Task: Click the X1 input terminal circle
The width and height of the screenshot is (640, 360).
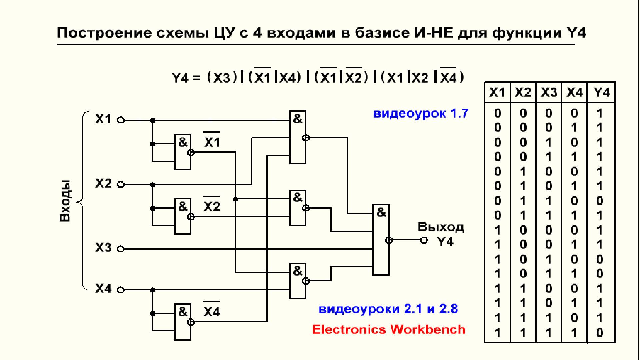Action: coord(121,120)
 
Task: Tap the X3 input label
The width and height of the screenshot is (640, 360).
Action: coord(103,248)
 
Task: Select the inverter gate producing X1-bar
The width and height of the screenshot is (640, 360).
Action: coord(183,152)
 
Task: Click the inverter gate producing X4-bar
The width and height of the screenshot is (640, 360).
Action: coord(183,322)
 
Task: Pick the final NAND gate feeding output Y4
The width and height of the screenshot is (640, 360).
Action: coord(381,240)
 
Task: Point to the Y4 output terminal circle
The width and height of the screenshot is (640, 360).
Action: coord(424,240)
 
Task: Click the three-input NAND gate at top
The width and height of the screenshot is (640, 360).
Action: coord(298,137)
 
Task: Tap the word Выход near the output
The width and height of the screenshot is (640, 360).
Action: coord(441,227)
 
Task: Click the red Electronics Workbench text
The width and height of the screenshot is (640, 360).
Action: coord(389,329)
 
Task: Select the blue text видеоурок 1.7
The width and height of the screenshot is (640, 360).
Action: coord(421,113)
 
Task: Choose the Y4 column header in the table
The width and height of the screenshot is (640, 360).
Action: coord(602,92)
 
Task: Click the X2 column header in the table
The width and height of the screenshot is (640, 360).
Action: coord(523,92)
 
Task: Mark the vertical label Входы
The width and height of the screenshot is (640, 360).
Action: coord(65,201)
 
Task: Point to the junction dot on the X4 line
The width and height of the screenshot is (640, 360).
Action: coord(153,290)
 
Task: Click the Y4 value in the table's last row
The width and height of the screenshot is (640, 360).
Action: coord(600,332)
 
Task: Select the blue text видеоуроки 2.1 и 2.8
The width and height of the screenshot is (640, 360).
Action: coord(388,309)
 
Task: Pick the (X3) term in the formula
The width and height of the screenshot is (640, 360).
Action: coord(222,78)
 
